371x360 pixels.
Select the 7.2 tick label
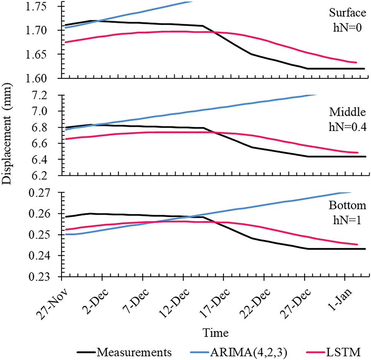coord(51,96)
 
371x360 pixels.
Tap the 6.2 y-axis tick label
coord(51,175)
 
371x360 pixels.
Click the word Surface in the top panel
coord(346,13)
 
